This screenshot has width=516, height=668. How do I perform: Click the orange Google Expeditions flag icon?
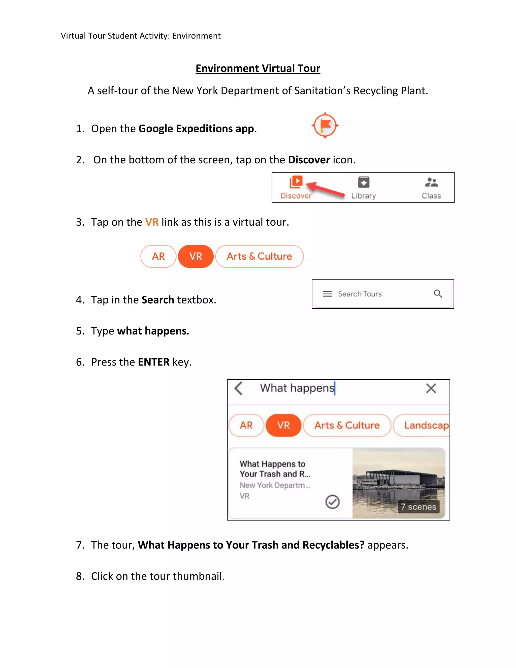pyautogui.click(x=325, y=125)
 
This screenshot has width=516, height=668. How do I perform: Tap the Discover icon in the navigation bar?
pyautogui.click(x=296, y=183)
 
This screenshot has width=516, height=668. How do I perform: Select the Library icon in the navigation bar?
pyautogui.click(x=364, y=183)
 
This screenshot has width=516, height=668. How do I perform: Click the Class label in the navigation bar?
pyautogui.click(x=431, y=196)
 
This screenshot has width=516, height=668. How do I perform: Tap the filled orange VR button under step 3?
pyautogui.click(x=196, y=256)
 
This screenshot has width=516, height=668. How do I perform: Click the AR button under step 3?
pyautogui.click(x=158, y=256)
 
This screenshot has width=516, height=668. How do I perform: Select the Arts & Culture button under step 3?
pyautogui.click(x=259, y=256)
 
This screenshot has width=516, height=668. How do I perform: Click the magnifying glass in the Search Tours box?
pyautogui.click(x=438, y=294)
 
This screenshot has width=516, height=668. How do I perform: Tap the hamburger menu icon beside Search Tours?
pyautogui.click(x=327, y=294)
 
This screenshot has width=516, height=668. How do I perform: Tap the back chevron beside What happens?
pyautogui.click(x=239, y=388)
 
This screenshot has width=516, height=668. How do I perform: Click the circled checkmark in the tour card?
pyautogui.click(x=332, y=502)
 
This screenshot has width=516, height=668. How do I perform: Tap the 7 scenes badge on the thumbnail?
pyautogui.click(x=418, y=507)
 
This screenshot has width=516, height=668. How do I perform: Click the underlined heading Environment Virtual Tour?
pyautogui.click(x=258, y=68)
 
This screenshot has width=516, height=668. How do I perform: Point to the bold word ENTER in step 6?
pyautogui.click(x=153, y=362)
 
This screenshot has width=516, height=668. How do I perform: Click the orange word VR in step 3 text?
pyautogui.click(x=152, y=222)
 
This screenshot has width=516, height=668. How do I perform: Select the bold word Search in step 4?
pyautogui.click(x=158, y=300)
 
